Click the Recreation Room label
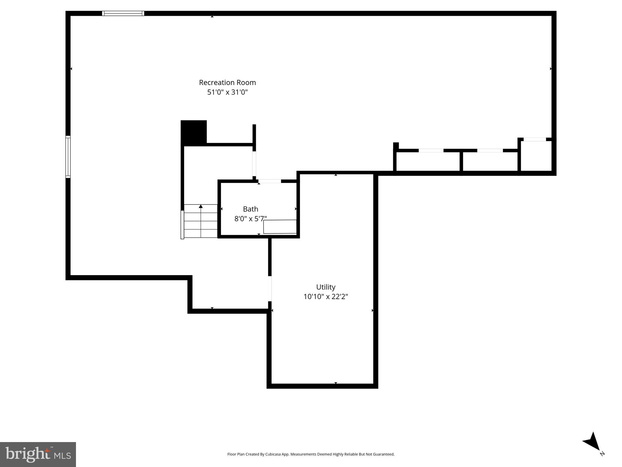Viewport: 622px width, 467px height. [227, 82]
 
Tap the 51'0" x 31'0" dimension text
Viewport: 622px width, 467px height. [227, 92]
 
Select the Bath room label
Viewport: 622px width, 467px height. [250, 209]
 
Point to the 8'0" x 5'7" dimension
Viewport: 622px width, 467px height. [250, 219]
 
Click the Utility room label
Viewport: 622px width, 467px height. [325, 287]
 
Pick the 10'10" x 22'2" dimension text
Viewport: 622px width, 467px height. [325, 296]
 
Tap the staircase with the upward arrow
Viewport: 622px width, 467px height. [201, 221]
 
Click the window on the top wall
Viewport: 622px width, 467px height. [123, 13]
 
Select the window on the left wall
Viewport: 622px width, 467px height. [68, 157]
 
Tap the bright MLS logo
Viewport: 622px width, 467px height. [38, 454]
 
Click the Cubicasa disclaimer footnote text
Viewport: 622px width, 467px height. [311, 454]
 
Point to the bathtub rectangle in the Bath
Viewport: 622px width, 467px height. [280, 227]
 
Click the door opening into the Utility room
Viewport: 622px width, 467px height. [270, 289]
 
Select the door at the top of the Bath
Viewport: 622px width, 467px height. [270, 181]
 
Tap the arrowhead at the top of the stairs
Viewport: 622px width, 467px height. [201, 206]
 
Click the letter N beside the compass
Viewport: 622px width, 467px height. [602, 454]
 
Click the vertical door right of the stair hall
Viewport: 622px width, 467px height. [254, 164]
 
